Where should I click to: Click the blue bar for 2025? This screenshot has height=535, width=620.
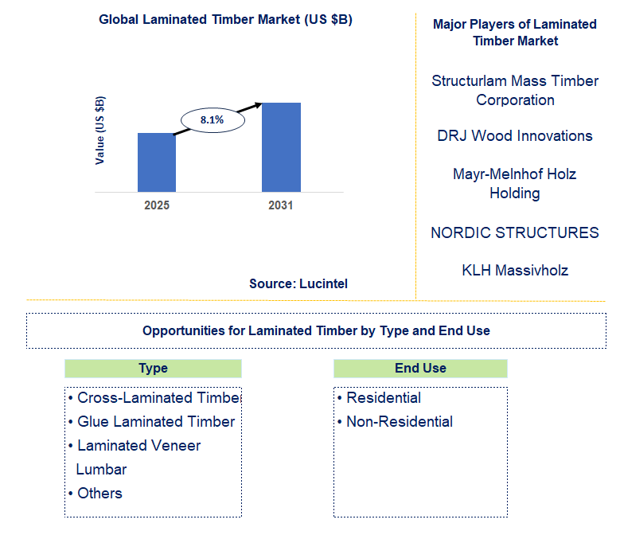pos(156,162)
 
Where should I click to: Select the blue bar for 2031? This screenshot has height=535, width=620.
pos(281,147)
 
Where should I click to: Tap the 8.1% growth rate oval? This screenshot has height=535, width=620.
pos(212,120)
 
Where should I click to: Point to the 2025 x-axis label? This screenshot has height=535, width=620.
pos(156,205)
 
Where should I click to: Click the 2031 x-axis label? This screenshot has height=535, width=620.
pos(281,205)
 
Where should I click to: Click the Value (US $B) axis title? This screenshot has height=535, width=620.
pos(100,130)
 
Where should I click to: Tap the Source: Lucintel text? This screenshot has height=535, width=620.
pos(298,283)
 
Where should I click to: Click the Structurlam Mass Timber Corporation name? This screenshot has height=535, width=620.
pos(515,91)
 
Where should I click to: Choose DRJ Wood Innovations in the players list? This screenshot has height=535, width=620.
pos(515,136)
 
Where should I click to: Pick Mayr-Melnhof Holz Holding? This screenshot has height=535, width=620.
pos(515,183)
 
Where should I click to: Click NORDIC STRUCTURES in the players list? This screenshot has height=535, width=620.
pos(515,232)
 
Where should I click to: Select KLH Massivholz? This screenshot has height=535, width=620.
pos(515,270)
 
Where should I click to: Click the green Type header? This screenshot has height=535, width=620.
pos(153,369)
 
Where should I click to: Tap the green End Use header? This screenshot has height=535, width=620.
pos(420,369)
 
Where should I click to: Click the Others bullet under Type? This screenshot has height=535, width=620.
pos(99,494)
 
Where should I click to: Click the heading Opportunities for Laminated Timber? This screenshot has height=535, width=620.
pos(316,330)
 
